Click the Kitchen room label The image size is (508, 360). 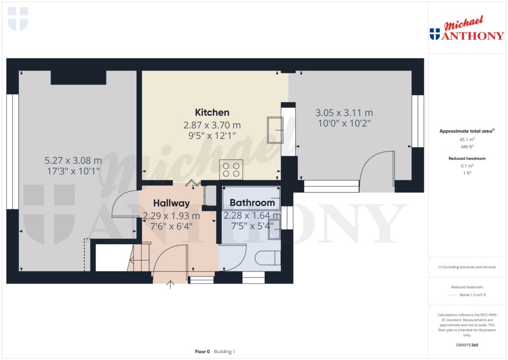pos(212,112)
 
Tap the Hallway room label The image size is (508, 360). pos(171,203)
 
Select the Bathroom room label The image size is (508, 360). pos(252,203)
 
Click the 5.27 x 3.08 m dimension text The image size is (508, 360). pos(73,160)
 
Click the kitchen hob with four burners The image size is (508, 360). pos(231,169)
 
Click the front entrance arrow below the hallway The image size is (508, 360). pos(171,285)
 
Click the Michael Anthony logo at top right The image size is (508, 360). pos(467,30)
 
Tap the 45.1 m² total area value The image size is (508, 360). pos(466,140)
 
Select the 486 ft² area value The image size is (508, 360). pos(466,147)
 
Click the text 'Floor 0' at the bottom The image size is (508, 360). pos(202,352)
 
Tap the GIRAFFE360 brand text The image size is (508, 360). pos(467,345)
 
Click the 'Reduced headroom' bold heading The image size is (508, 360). pos(466,158)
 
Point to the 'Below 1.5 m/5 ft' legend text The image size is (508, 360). pos(473,295)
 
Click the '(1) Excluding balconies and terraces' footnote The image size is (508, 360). pos(467,267)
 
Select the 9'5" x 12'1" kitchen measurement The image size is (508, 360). pos(212,135)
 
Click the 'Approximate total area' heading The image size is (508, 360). pos(465,131)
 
